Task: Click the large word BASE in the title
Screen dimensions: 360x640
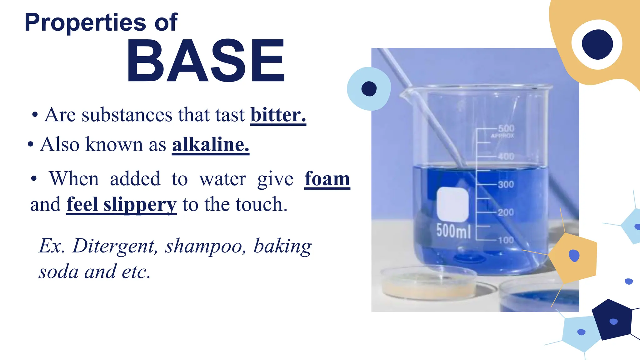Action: pos(206,61)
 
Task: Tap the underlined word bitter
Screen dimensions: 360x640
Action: pos(278,115)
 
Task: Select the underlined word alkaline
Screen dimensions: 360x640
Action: pos(210,144)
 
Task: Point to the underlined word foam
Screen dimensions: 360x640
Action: pos(327,179)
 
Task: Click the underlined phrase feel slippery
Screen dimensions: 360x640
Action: pos(121,204)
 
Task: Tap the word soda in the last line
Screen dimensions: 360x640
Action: pos(58,271)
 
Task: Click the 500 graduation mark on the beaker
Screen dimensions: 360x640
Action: pos(506,128)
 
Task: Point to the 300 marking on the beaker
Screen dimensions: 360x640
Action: pos(506,184)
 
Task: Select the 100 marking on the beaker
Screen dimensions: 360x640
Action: pos(506,240)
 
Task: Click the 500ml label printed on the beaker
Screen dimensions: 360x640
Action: pos(453,231)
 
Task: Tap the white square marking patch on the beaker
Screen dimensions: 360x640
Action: pos(452,204)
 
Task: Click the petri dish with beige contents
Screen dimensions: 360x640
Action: pos(428,283)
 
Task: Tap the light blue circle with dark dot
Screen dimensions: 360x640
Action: pos(369,89)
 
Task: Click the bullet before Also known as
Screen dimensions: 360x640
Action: pos(30,145)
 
